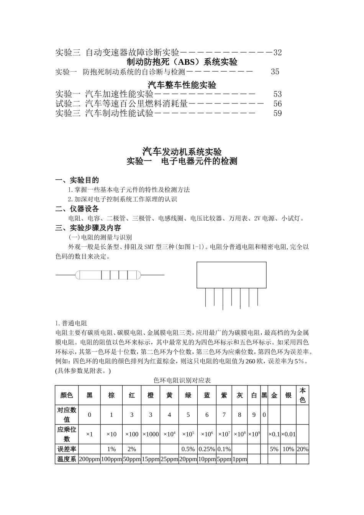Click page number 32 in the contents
(x=277, y=52)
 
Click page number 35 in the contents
(x=275, y=72)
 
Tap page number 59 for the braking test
(x=277, y=113)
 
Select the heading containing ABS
(x=182, y=62)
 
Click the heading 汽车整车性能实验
(x=182, y=85)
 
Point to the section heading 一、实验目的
(x=77, y=180)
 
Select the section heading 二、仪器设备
(x=77, y=209)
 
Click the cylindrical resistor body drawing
(x=108, y=275)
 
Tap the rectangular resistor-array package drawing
(x=231, y=275)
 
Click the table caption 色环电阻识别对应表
(x=182, y=380)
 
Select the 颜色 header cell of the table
(x=67, y=395)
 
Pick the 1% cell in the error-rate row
(x=111, y=449)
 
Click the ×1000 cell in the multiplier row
(x=151, y=434)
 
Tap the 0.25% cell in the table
(x=207, y=449)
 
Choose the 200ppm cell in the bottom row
(x=89, y=459)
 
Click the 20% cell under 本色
(x=302, y=449)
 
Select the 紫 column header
(x=224, y=395)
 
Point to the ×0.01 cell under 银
(x=288, y=434)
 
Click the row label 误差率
(x=67, y=449)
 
